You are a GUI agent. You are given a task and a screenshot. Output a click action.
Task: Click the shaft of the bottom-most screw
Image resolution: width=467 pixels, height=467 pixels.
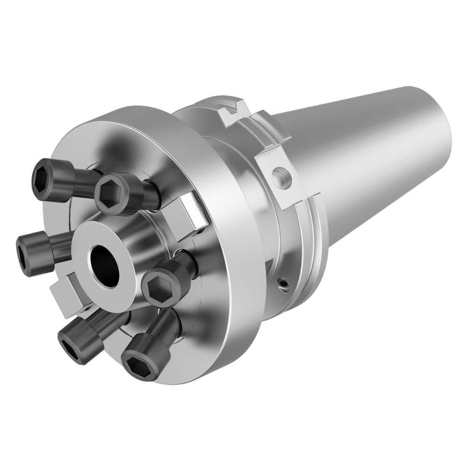(168, 327)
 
